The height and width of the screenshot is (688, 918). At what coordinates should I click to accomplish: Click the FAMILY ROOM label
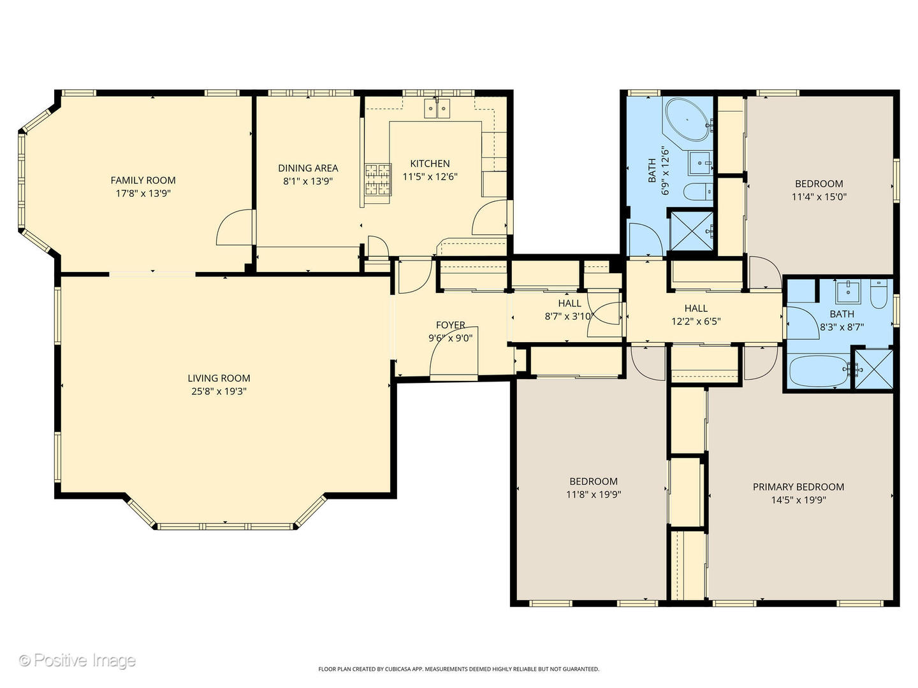(143, 180)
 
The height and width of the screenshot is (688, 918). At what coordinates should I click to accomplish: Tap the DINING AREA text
(308, 168)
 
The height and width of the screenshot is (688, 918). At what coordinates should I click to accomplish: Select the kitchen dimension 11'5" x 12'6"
(430, 176)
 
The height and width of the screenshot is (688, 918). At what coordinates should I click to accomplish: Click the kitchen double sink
(437, 108)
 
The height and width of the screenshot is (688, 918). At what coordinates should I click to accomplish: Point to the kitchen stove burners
(378, 180)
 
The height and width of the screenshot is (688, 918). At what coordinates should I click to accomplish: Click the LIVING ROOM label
(219, 378)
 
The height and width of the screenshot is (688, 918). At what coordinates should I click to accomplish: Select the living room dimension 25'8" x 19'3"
(219, 391)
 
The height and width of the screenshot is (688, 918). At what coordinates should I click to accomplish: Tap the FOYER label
(451, 325)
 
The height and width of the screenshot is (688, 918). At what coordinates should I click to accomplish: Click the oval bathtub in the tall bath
(687, 120)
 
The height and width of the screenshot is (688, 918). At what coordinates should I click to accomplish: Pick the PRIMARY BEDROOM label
(798, 487)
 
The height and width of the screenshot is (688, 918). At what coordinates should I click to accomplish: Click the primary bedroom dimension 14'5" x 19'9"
(798, 499)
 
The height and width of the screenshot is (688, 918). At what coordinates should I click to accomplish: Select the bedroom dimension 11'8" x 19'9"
(594, 494)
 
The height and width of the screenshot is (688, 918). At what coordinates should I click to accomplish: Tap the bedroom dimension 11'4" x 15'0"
(819, 196)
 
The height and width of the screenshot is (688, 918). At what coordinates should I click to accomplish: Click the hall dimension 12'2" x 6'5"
(696, 321)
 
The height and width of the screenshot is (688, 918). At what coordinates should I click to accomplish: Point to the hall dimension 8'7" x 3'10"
(569, 316)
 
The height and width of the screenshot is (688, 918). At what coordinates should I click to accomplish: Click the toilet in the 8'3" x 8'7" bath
(878, 294)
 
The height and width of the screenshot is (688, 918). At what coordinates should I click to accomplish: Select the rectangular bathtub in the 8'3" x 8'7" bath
(820, 371)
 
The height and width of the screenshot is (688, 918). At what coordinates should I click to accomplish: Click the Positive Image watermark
(78, 660)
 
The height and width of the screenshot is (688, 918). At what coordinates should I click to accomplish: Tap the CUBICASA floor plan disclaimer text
(459, 669)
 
